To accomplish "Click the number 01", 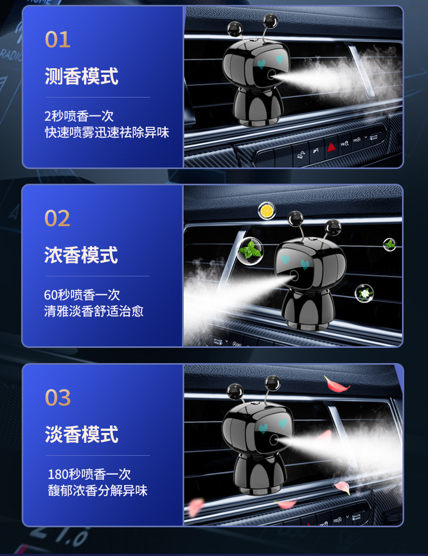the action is (57, 40).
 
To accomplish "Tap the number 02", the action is (57, 218).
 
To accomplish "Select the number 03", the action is (58, 398).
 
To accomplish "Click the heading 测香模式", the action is (81, 76).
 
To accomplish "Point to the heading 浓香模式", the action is (81, 255).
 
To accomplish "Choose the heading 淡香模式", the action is (81, 435).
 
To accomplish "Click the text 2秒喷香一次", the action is (79, 116).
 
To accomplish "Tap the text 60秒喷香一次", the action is (82, 295).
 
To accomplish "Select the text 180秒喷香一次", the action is (90, 474).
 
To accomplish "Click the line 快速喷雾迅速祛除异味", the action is (107, 133).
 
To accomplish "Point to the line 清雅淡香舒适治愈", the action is (94, 311).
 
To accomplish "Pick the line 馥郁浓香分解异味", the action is (98, 491).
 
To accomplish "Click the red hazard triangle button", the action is (331, 146).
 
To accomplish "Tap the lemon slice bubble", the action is (267, 211).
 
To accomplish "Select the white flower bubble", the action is (364, 293).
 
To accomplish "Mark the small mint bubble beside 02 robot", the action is (390, 244).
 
